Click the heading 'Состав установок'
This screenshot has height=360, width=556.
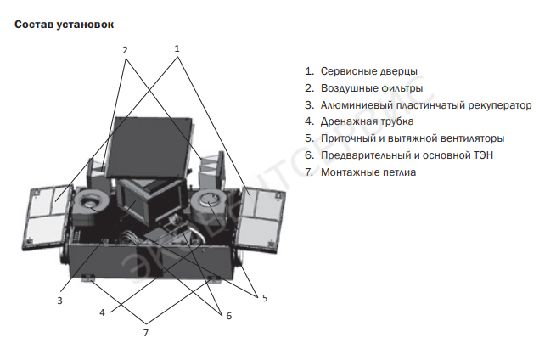pos(64,25)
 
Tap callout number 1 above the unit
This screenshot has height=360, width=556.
pos(177,48)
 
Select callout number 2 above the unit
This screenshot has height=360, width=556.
pos(125,50)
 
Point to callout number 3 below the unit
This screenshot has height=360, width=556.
pos(60,300)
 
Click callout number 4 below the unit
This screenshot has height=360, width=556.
pos(102,312)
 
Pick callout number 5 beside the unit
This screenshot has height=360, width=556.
pos(264,298)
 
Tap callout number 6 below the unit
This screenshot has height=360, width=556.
pos(228,316)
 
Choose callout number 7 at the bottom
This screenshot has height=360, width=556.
pos(146,331)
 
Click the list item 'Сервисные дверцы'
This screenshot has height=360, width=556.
pos(368,71)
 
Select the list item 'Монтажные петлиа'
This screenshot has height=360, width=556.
pos(368,172)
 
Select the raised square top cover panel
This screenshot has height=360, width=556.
pos(151,144)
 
